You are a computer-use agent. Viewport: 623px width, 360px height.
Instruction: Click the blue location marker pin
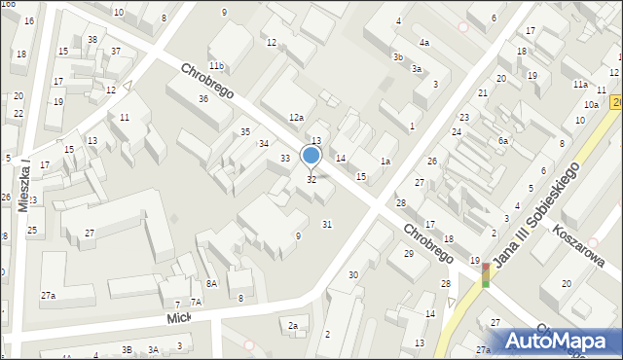click(x=311, y=156)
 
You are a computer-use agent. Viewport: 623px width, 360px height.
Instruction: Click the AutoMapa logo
click(x=556, y=340)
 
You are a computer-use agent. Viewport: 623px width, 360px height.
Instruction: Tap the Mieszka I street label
click(x=26, y=184)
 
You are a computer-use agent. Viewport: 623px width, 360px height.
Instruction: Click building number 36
click(x=203, y=99)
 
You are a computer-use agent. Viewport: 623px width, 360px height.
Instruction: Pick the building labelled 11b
click(x=216, y=66)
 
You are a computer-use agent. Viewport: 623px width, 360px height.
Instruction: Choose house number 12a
click(x=296, y=118)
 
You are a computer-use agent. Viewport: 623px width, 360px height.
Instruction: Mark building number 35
click(x=245, y=132)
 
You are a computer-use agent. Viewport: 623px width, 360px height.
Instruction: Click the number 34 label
click(x=264, y=144)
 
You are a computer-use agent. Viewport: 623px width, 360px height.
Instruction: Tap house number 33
click(x=285, y=159)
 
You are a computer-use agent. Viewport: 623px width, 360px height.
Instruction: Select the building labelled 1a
click(x=385, y=162)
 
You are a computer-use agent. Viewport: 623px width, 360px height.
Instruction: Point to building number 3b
click(x=397, y=57)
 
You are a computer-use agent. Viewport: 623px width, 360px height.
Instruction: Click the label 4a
click(x=424, y=43)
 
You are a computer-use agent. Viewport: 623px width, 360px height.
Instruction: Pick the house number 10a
click(x=591, y=105)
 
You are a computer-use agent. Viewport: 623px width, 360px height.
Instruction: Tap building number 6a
click(x=503, y=141)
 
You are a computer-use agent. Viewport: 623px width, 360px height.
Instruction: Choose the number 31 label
click(x=327, y=225)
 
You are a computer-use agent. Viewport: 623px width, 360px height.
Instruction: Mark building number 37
click(x=116, y=51)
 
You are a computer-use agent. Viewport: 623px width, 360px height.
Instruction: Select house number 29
click(x=409, y=253)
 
